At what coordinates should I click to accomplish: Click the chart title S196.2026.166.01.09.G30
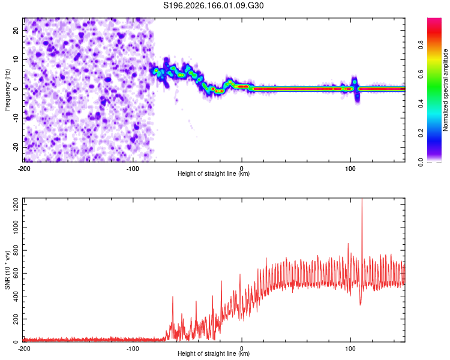[213, 5]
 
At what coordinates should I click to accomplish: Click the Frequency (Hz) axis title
[7, 90]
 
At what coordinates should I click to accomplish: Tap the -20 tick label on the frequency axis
[16, 148]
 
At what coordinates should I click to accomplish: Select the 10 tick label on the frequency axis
[16, 60]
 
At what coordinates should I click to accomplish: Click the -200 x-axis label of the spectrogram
[24, 169]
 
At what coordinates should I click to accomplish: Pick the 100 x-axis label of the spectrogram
[350, 169]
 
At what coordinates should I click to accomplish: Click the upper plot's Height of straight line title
[214, 173]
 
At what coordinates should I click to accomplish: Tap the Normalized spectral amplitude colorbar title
[445, 90]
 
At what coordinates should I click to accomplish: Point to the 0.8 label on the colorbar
[421, 45]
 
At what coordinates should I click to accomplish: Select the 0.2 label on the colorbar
[421, 133]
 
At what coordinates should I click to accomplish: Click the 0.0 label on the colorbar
[421, 162]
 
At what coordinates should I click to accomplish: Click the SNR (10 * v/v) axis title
[7, 270]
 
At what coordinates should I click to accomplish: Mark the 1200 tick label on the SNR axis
[16, 205]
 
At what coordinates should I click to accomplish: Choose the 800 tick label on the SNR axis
[16, 250]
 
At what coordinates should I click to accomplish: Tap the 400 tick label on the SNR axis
[16, 296]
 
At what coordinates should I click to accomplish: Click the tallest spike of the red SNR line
[362, 199]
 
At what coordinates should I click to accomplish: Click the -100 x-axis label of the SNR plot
[133, 349]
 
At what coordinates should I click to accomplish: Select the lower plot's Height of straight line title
[214, 353]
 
